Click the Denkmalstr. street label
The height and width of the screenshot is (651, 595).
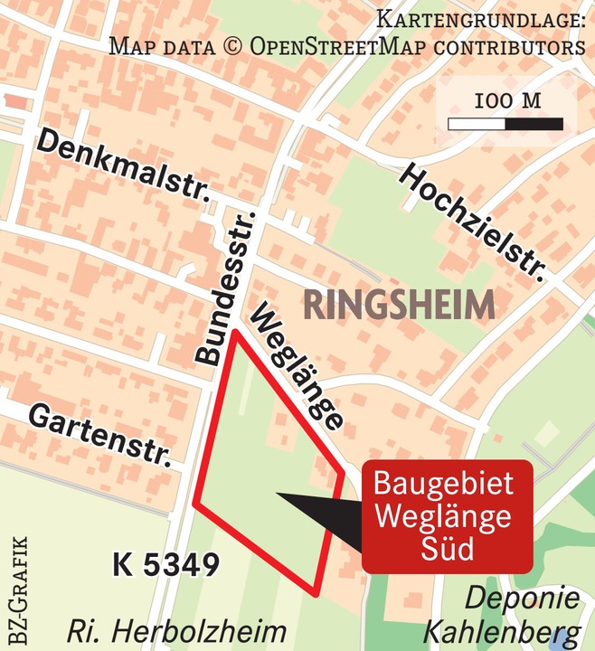122,168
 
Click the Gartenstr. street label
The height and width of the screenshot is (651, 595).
99,433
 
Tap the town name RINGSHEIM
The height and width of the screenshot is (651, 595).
399,305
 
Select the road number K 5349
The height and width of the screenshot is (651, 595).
166,565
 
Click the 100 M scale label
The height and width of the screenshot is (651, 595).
507,100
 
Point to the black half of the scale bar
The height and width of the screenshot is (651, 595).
534,123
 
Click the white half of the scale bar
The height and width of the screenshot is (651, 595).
477,123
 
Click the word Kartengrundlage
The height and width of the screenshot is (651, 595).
480,19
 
